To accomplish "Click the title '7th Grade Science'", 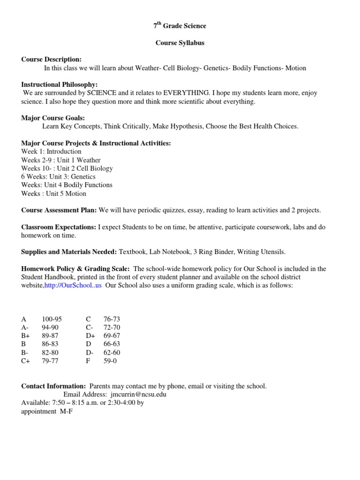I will tap(180, 26).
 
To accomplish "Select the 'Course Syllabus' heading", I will tap(180, 43).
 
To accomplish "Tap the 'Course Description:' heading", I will tap(51, 60).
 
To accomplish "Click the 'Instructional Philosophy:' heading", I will tap(60, 85).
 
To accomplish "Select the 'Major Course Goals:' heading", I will tap(53, 118).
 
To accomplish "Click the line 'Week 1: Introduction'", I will tap(51, 151).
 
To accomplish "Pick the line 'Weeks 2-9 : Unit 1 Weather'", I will tap(60, 160).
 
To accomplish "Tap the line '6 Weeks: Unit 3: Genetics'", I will tap(58, 177).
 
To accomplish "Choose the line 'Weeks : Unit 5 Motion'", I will tap(53, 194).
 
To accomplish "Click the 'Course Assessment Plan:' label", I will tap(59, 210).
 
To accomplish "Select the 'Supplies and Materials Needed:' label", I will tap(69, 252).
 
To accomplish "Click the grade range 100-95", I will tap(52, 319).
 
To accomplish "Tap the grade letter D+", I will tap(90, 336).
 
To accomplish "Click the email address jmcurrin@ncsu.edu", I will tap(135, 394).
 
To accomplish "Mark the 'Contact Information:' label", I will tap(53, 386).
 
